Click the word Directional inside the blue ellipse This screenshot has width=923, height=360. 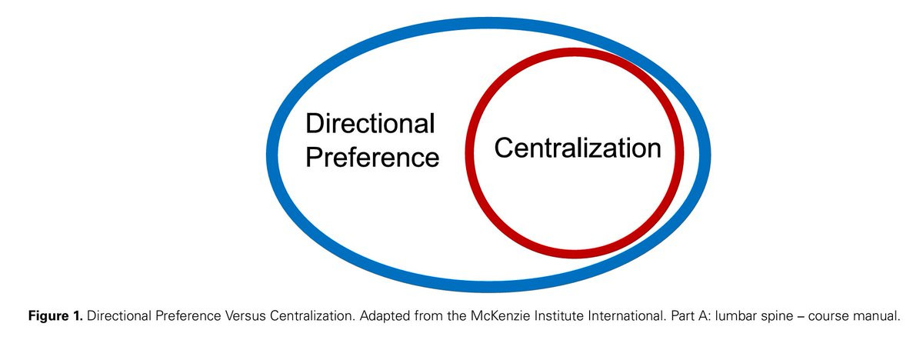pos(370,124)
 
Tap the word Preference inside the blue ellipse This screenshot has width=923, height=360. pos(372,157)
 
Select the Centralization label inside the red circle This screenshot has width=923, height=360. pos(577,148)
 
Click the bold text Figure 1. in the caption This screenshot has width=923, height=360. pos(55,316)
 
